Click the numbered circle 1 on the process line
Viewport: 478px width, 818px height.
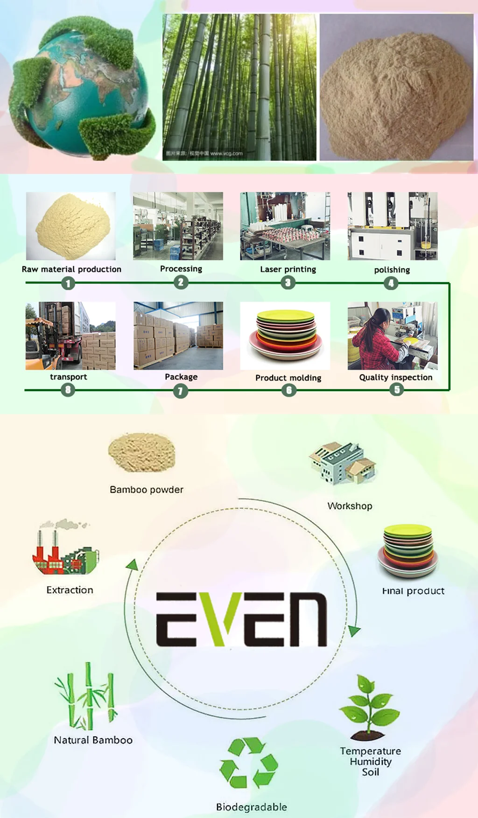click(x=68, y=283)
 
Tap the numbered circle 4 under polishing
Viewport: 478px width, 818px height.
click(x=391, y=283)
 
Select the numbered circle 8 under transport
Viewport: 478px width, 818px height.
click(x=68, y=389)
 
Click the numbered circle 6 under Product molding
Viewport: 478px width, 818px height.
click(x=289, y=390)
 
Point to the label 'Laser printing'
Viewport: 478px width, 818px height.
click(x=288, y=269)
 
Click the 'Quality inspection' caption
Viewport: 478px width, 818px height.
click(x=395, y=377)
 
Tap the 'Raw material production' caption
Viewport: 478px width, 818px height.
click(x=71, y=269)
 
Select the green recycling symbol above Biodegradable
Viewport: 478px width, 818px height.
click(x=249, y=763)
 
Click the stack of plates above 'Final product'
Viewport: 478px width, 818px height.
click(x=408, y=551)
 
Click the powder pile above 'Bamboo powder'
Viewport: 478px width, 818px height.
click(x=142, y=452)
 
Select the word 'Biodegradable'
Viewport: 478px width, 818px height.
click(x=251, y=807)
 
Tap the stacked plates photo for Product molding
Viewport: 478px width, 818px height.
click(x=285, y=335)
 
